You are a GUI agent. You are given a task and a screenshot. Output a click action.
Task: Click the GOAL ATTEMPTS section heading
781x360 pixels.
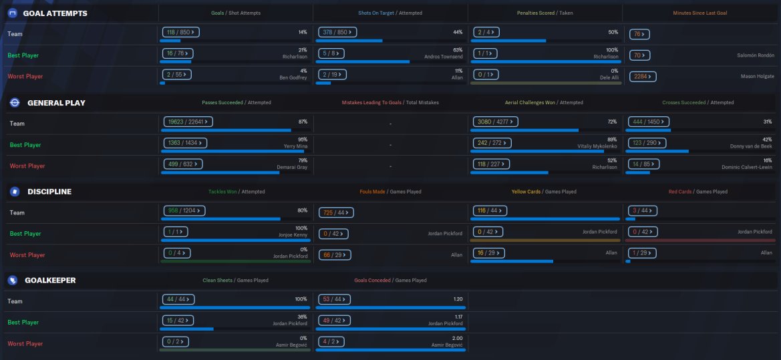tap(55, 13)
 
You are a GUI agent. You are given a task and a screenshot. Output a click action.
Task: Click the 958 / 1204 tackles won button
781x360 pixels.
tap(183, 210)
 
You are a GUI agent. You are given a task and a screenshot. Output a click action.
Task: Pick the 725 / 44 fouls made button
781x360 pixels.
tap(336, 212)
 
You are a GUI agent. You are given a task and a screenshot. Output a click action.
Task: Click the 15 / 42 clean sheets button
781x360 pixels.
tap(177, 321)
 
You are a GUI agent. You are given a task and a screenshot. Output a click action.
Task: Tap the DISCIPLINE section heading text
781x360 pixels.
tap(49, 192)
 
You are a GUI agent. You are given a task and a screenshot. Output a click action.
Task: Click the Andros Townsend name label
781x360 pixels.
tap(444, 57)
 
